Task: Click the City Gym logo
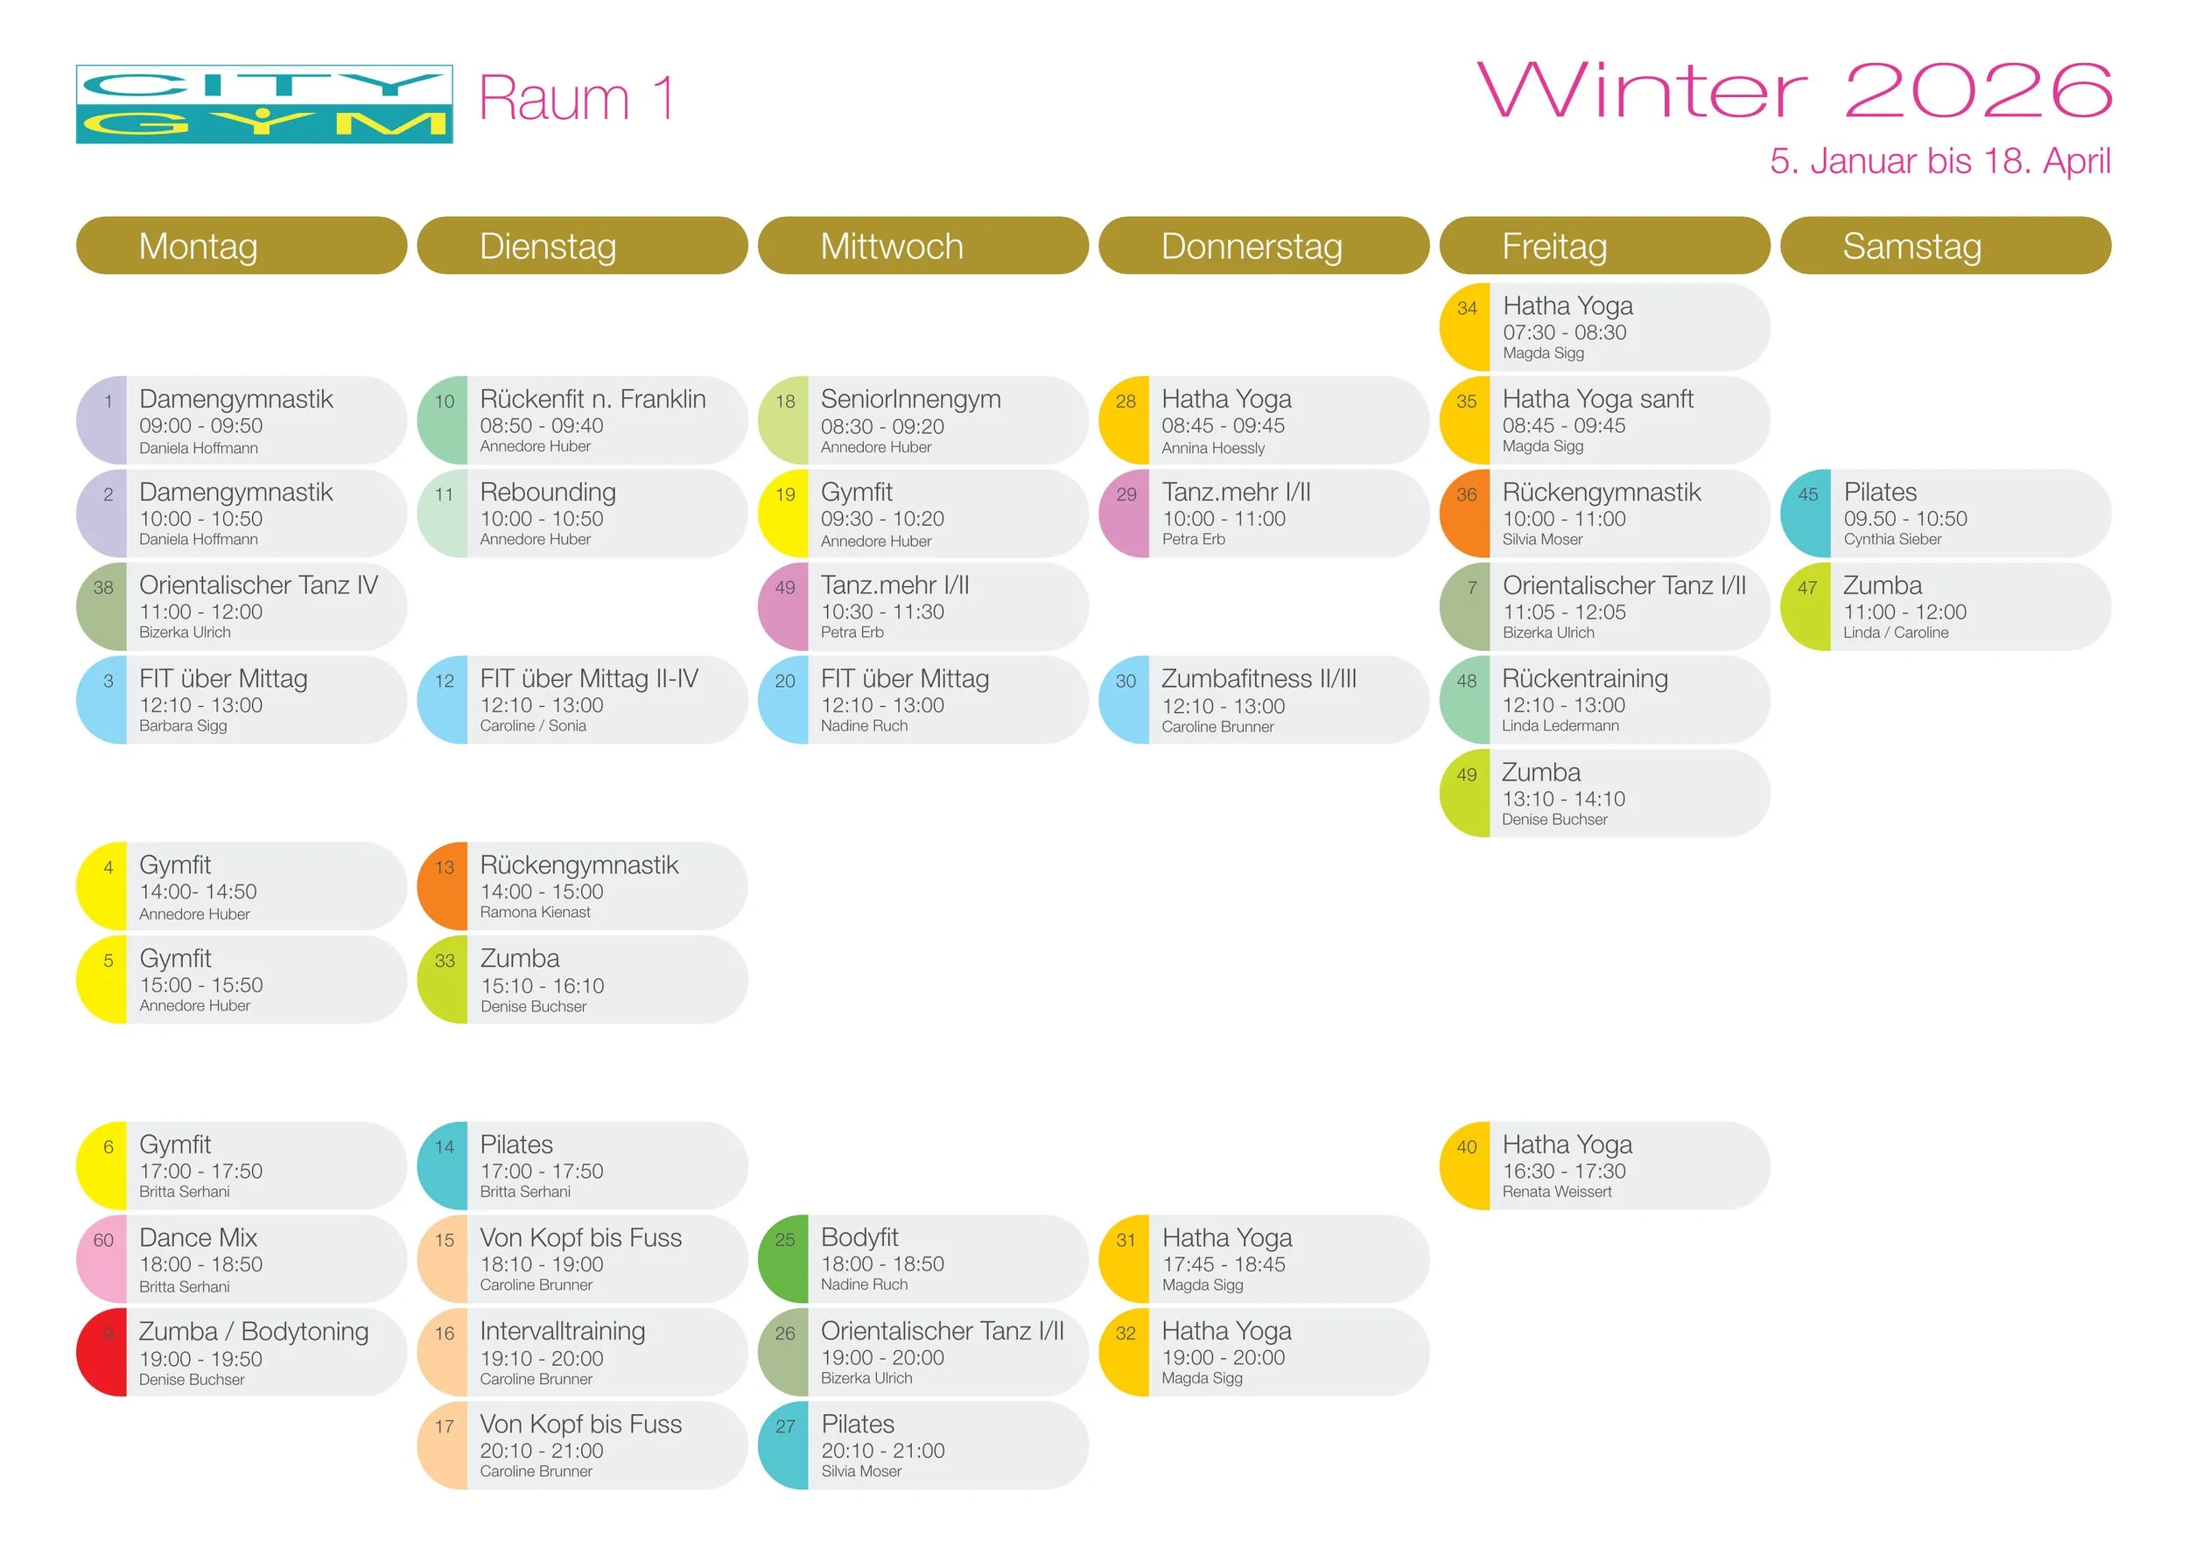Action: pyautogui.click(x=264, y=104)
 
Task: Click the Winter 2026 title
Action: pyautogui.click(x=1793, y=90)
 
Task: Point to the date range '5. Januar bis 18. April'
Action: pyautogui.click(x=1939, y=161)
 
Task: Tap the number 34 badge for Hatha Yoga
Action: pyautogui.click(x=1467, y=309)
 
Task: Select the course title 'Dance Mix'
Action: pyautogui.click(x=198, y=1237)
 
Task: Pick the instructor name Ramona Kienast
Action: pyautogui.click(x=535, y=912)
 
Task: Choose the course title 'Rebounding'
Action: pyautogui.click(x=548, y=492)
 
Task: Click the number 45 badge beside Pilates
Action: pyautogui.click(x=1806, y=494)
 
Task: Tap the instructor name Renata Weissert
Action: pyautogui.click(x=1556, y=1191)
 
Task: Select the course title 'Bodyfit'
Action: pyautogui.click(x=859, y=1236)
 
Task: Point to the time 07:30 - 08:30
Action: pyautogui.click(x=1564, y=332)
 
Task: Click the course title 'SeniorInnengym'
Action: pyautogui.click(x=910, y=398)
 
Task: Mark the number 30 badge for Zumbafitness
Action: pyautogui.click(x=1126, y=681)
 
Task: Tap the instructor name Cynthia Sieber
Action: pyautogui.click(x=1891, y=539)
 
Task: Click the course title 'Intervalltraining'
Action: pyautogui.click(x=562, y=1331)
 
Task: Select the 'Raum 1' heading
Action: pyautogui.click(x=578, y=98)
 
